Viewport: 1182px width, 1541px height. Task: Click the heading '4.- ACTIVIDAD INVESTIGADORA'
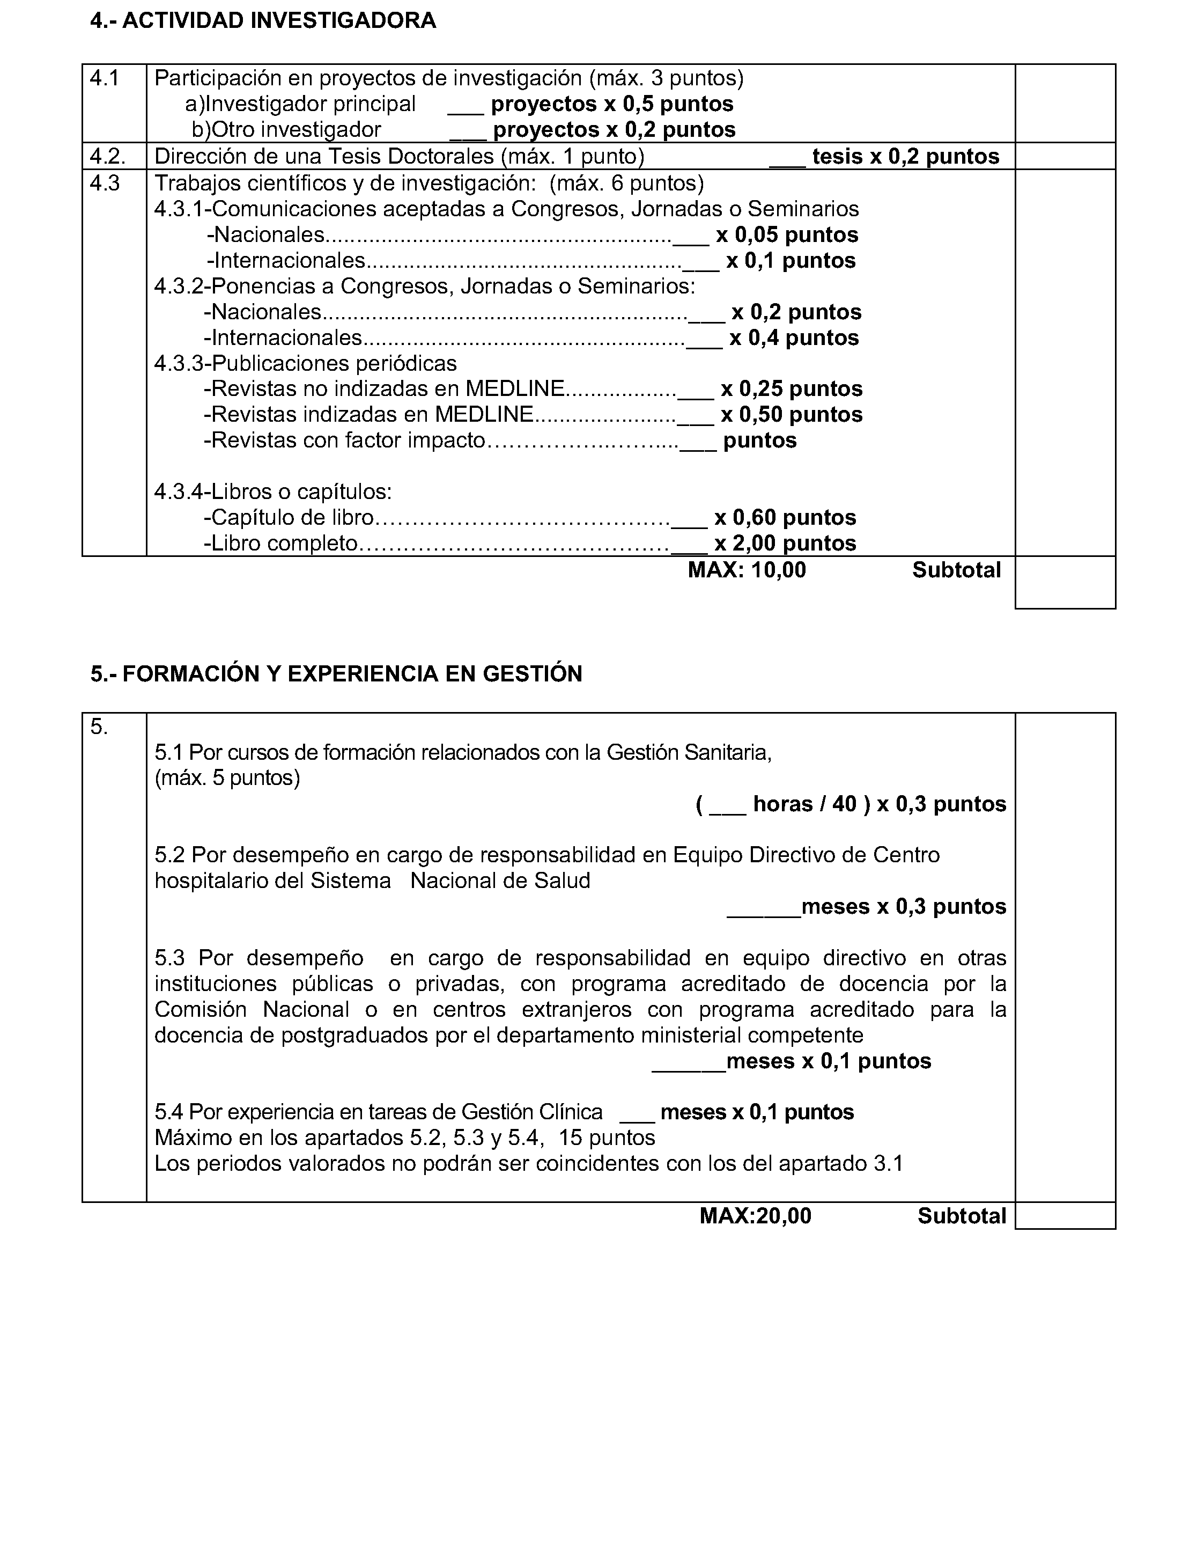tap(263, 21)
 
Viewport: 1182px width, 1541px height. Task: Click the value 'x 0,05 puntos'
tap(787, 234)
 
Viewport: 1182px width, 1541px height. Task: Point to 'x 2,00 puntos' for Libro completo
tap(785, 543)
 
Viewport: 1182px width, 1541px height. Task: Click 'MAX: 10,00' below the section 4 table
tap(747, 569)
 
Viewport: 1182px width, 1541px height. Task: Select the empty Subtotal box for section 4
tap(1065, 582)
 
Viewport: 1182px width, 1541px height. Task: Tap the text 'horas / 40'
tap(804, 804)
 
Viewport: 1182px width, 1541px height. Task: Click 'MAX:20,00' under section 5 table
tap(755, 1216)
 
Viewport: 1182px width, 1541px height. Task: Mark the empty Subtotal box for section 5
tap(1065, 1216)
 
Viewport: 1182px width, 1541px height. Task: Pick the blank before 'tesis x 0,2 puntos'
tap(787, 158)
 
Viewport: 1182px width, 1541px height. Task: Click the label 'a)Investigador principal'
tap(300, 104)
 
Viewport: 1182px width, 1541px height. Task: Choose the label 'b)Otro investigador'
tap(286, 129)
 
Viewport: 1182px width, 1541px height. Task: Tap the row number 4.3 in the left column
tap(104, 183)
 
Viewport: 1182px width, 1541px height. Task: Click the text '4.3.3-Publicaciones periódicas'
tap(305, 363)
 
